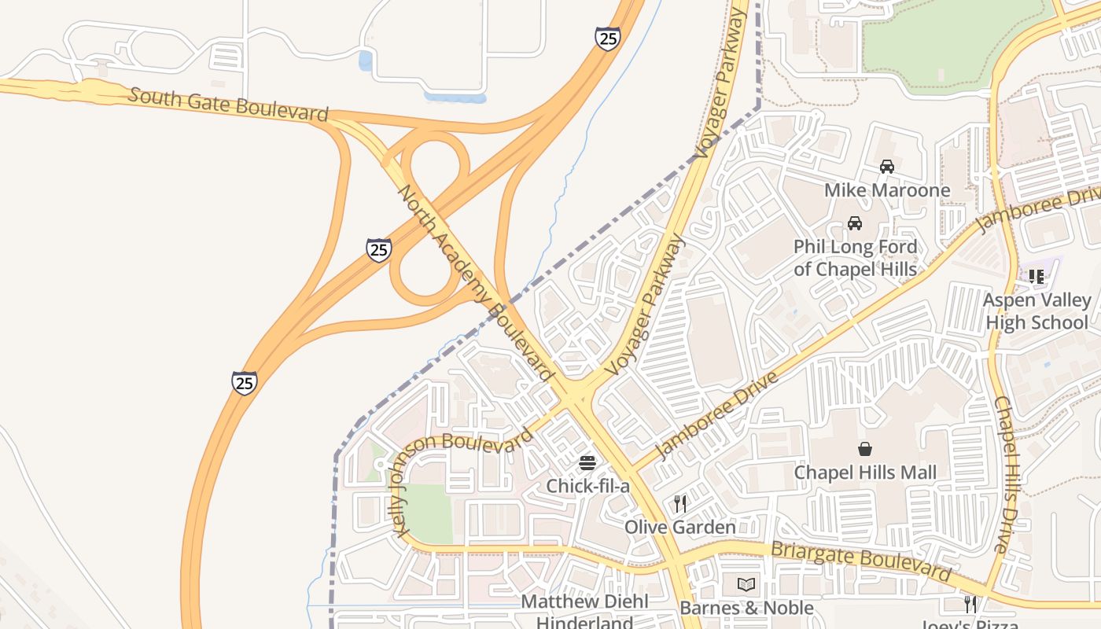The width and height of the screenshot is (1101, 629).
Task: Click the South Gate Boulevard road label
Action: pos(227,105)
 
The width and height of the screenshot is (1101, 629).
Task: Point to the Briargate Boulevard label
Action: pos(860,559)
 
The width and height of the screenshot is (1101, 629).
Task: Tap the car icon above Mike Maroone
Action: pos(886,167)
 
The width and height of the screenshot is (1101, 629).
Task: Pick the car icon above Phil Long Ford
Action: pos(854,223)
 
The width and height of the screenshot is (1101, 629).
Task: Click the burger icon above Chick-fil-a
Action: pos(587,462)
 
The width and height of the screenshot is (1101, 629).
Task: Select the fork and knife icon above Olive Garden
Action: pos(679,503)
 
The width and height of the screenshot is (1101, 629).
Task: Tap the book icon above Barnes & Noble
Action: pos(746,585)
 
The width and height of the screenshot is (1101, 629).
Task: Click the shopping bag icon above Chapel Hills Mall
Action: pos(865,449)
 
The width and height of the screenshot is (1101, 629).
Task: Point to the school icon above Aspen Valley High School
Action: pos(1037,277)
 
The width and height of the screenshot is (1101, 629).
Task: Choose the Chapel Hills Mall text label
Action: pos(865,473)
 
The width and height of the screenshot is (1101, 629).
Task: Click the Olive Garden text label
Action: pos(679,527)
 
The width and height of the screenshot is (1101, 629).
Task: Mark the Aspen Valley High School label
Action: pos(1037,311)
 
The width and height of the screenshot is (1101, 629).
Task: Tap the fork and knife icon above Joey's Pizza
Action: pos(970,604)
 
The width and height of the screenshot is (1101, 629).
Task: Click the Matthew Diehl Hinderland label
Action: pos(585,612)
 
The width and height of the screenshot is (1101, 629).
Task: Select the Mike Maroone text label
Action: pos(886,190)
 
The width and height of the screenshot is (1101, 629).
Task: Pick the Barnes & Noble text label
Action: pos(746,608)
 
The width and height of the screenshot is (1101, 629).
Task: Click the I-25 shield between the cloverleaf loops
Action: pos(379,250)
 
